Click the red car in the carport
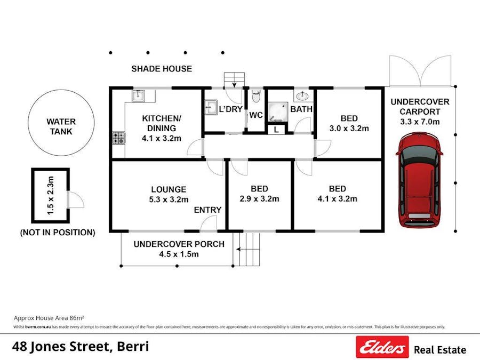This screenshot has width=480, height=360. click(x=419, y=181)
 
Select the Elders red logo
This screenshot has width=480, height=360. click(x=382, y=347)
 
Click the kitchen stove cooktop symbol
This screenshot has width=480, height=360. click(x=119, y=138)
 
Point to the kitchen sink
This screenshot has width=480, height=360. click(x=137, y=95)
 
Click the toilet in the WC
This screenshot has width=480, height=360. click(x=256, y=96)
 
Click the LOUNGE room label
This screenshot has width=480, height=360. click(x=169, y=189)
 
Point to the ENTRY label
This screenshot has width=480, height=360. click(x=207, y=210)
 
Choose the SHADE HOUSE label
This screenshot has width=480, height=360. click(x=162, y=69)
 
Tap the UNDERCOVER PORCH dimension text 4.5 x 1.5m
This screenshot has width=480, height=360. click(x=179, y=254)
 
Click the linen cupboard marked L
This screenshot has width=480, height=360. click(x=276, y=129)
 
